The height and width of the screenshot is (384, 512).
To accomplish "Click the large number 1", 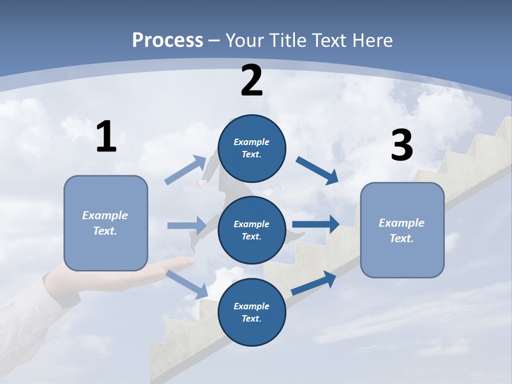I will pyautogui.click(x=106, y=137).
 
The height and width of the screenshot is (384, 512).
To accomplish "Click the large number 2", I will pyautogui.click(x=252, y=81).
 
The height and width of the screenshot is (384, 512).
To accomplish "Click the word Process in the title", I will pyautogui.click(x=167, y=40).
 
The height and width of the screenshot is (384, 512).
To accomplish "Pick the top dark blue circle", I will pyautogui.click(x=252, y=148).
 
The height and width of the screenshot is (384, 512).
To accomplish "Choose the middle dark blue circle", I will pyautogui.click(x=252, y=230).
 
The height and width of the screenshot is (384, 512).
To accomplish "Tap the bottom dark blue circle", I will pyautogui.click(x=252, y=312).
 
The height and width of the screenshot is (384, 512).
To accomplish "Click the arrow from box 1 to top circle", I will pyautogui.click(x=186, y=170).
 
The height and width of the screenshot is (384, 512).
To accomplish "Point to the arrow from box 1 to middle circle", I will pyautogui.click(x=187, y=226).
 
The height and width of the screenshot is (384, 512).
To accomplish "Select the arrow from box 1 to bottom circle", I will pyautogui.click(x=187, y=284).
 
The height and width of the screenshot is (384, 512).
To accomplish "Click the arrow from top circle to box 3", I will pyautogui.click(x=317, y=171).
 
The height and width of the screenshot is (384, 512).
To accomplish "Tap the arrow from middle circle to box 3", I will pyautogui.click(x=316, y=224).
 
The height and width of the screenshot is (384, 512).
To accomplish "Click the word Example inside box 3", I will pyautogui.click(x=402, y=223).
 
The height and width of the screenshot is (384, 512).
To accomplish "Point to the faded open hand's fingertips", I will pyautogui.click(x=189, y=261).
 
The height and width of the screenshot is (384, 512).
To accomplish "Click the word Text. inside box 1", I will pyautogui.click(x=105, y=231).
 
